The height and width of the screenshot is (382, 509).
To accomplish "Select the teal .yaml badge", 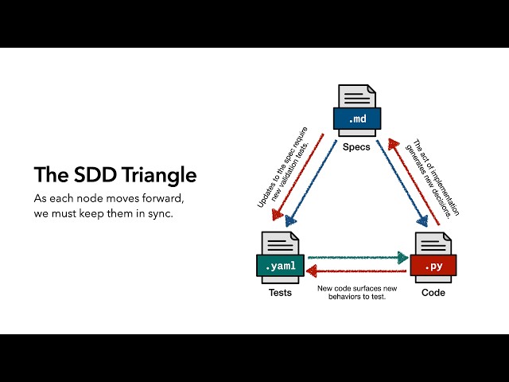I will coord(278,266).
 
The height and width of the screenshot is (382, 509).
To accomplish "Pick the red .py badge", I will coord(432,266).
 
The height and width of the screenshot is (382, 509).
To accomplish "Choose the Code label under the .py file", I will coord(432,292).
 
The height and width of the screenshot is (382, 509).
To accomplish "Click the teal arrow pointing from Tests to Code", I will coord(358,258).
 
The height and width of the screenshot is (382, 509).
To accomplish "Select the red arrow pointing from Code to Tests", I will coord(358,271).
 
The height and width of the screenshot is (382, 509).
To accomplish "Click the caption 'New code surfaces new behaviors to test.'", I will coord(355,293).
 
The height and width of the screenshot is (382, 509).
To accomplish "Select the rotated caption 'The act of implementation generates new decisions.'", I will coord(430,177).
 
